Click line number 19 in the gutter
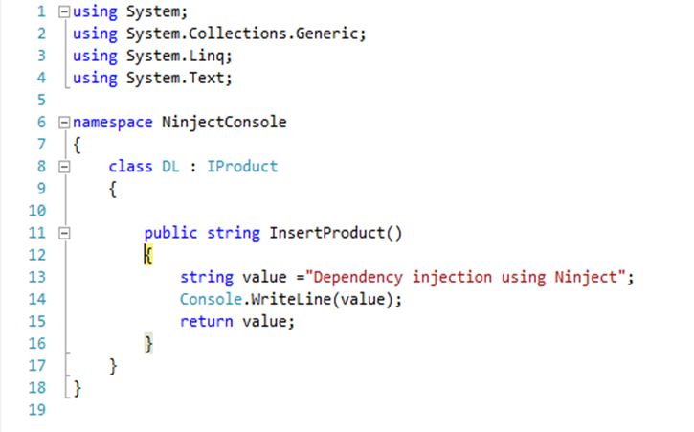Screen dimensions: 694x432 click(x=36, y=409)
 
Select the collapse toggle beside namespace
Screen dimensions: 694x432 click(x=65, y=123)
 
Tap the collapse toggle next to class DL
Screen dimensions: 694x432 click(x=65, y=167)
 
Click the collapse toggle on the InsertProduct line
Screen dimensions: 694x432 click(x=65, y=233)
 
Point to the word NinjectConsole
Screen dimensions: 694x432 click(x=224, y=123)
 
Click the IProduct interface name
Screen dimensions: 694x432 click(x=242, y=166)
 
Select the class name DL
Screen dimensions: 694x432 click(x=170, y=166)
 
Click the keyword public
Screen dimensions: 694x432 click(x=170, y=233)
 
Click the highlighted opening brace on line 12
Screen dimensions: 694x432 click(x=148, y=255)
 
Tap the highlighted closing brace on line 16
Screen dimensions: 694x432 click(x=148, y=344)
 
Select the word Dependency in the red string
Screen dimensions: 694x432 click(x=358, y=278)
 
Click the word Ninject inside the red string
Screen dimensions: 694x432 click(x=586, y=278)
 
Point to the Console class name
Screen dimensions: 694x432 click(x=211, y=299)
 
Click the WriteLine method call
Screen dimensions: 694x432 click(x=291, y=299)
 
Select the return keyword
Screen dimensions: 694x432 click(x=206, y=321)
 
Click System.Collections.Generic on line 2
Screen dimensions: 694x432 click(x=242, y=34)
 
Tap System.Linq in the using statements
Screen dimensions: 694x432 click(x=175, y=57)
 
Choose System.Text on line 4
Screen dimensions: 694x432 click(x=175, y=78)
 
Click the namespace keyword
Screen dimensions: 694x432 click(x=112, y=123)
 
